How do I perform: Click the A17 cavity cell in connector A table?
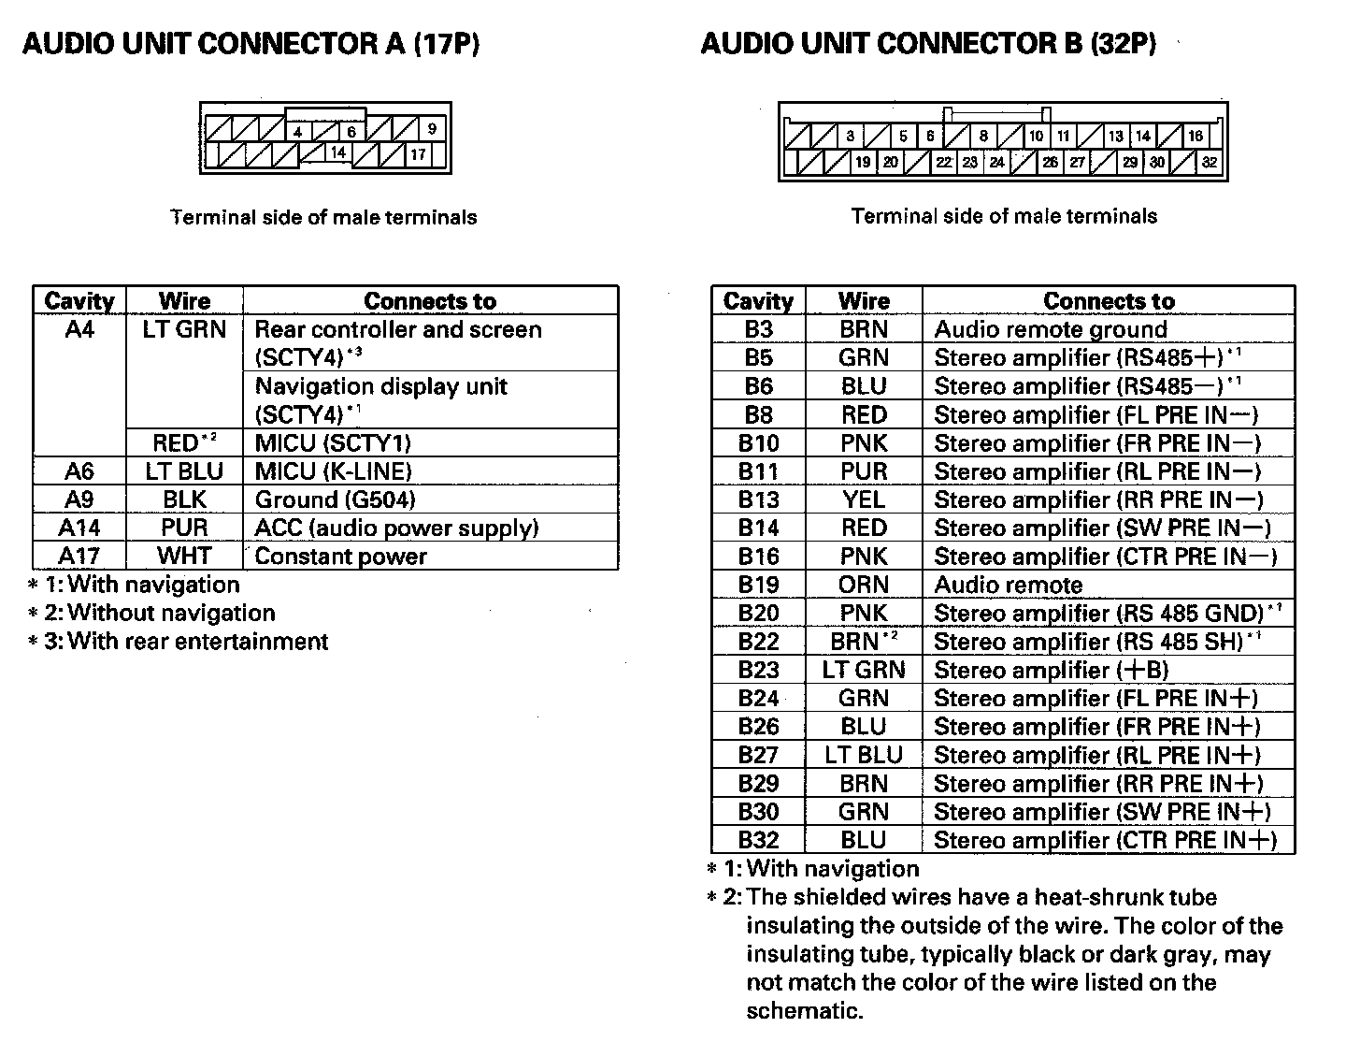point(79,557)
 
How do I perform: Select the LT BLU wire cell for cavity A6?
point(184,471)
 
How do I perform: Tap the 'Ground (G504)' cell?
point(336,499)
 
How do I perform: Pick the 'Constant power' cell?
point(340,557)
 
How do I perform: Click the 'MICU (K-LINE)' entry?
point(333,471)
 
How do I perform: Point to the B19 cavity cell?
point(758,585)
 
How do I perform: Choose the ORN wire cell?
point(863,585)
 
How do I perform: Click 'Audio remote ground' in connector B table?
point(1051,329)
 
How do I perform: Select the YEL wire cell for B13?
point(863,499)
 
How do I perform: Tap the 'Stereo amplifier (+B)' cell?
point(1051,670)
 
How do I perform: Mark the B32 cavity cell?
point(758,840)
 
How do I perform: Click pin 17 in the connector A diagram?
point(418,154)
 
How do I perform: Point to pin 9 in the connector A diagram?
point(432,129)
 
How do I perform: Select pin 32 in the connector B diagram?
point(1210,162)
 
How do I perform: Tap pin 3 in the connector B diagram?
point(850,136)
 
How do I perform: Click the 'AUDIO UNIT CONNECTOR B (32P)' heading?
point(928,44)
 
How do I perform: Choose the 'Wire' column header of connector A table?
point(184,301)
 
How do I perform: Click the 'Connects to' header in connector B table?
point(1109,301)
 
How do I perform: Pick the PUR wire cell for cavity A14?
point(184,528)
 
